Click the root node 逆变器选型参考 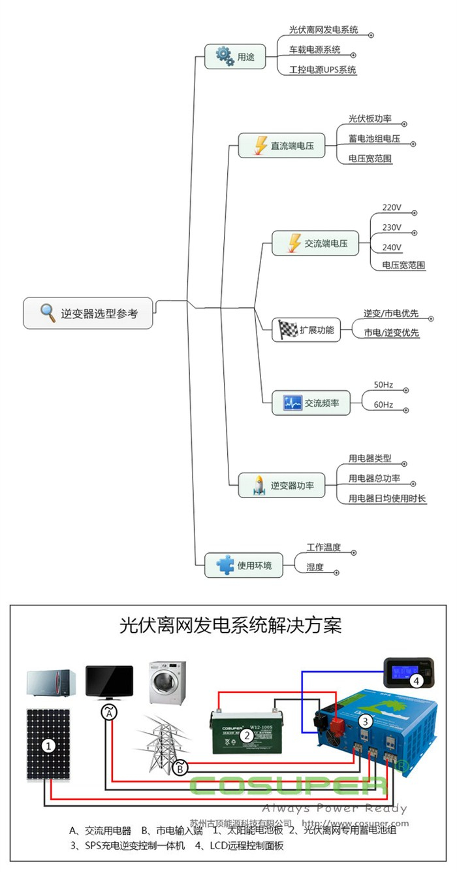pos(89,314)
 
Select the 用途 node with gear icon pos(235,56)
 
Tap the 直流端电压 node pos(281,145)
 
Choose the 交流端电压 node pos(315,243)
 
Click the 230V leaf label pos(392,227)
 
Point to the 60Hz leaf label pos(383,405)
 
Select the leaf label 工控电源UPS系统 pos(323,69)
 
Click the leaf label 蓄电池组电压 pos(374,139)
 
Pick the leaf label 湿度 pos(315,567)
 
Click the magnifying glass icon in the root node pos(48,313)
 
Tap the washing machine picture pos(167,682)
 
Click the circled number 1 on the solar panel pos(48,745)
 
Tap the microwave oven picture pos(52,683)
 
